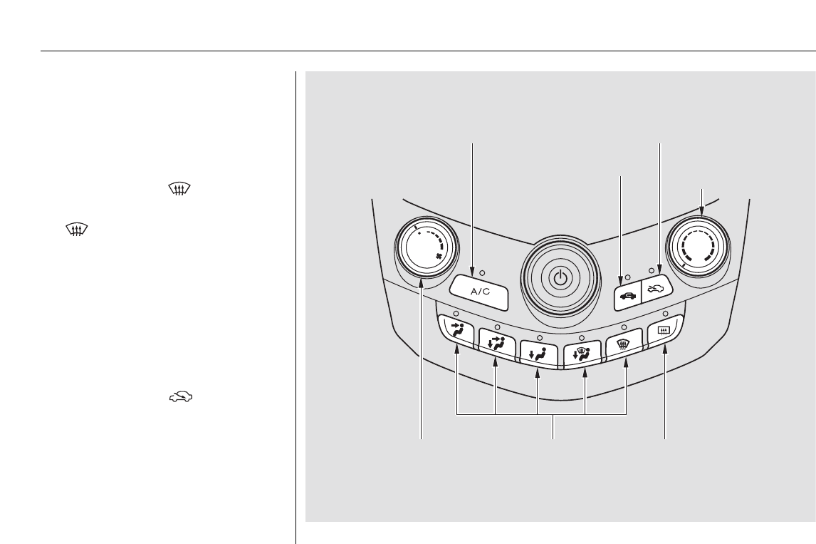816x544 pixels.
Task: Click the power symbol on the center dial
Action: (x=560, y=278)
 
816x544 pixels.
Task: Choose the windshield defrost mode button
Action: (x=624, y=345)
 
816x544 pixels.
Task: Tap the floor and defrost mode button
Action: (x=582, y=354)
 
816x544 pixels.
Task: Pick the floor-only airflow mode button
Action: (x=538, y=354)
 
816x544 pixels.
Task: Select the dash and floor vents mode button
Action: (x=496, y=345)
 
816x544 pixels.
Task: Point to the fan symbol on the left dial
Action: (x=439, y=257)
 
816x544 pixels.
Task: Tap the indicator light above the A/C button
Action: (x=483, y=272)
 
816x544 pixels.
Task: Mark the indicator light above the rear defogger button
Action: (x=665, y=314)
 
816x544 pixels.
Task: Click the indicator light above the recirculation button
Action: (x=627, y=277)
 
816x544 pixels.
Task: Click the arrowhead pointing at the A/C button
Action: (x=473, y=272)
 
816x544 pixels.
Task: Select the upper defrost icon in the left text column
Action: (x=179, y=189)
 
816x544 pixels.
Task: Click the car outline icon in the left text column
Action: (x=181, y=397)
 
